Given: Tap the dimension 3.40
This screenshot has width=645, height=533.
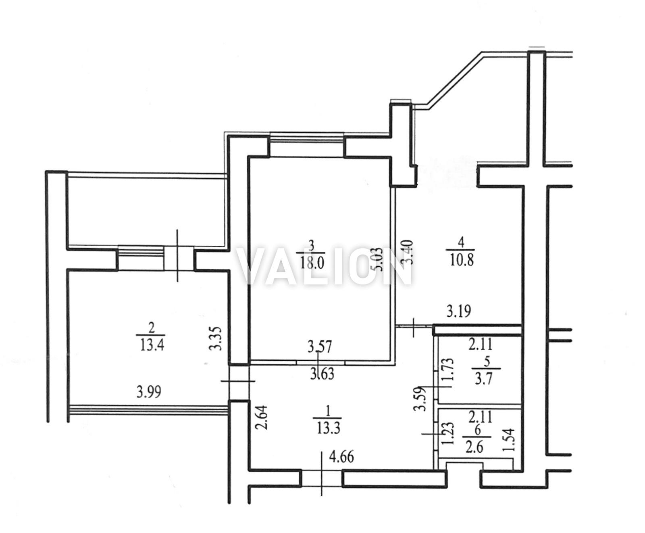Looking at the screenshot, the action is pos(408,252).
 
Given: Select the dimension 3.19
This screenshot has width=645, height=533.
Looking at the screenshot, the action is pos(459,311).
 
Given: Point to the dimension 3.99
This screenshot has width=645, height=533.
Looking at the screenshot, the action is pos(150,391).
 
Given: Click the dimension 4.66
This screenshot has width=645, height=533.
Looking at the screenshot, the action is pos(342,457).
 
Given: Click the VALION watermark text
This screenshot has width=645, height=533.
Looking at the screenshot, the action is pos(325,266).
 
